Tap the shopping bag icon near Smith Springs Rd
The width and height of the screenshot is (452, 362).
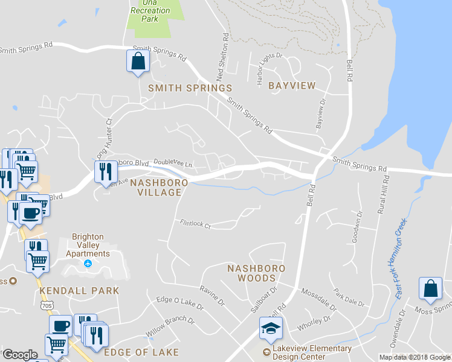pos(138,61)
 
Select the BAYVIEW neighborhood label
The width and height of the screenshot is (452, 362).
pos(292,86)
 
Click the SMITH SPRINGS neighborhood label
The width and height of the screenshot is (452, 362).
pos(190,88)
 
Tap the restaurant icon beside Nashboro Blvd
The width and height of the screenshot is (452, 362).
pos(106,171)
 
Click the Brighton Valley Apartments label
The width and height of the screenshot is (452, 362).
pos(91,245)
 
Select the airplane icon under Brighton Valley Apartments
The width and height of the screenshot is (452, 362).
pos(88,264)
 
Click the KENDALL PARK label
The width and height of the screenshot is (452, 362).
pos(79,291)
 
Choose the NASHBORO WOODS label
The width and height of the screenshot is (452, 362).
pos(256,273)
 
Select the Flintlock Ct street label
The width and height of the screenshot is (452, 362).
pos(195,224)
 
